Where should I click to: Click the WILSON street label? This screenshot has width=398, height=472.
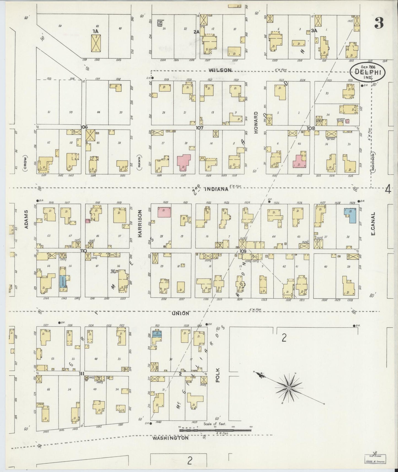220,70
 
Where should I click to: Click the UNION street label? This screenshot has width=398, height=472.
180,313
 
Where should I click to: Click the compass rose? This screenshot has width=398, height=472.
289,388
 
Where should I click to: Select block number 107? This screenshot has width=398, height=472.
199,128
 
